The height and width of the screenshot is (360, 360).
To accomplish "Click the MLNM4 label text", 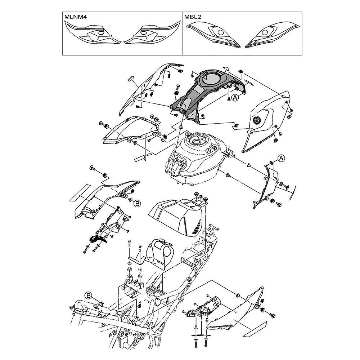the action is pyautogui.click(x=75, y=17).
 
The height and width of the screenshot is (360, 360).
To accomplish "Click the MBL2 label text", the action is pyautogui.click(x=193, y=17).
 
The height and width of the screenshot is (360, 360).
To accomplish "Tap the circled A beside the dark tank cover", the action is pyautogui.click(x=235, y=98).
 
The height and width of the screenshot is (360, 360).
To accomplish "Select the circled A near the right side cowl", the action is pyautogui.click(x=281, y=159).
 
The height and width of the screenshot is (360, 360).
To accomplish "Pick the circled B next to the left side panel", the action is pyautogui.click(x=137, y=203).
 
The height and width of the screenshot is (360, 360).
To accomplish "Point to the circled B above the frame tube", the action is pyautogui.click(x=89, y=295).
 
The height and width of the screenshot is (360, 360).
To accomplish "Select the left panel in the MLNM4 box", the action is pyautogui.click(x=93, y=35).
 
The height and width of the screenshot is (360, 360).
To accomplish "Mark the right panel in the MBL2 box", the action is pyautogui.click(x=272, y=35).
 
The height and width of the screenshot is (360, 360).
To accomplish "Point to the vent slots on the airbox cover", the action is pyautogui.click(x=196, y=226).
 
